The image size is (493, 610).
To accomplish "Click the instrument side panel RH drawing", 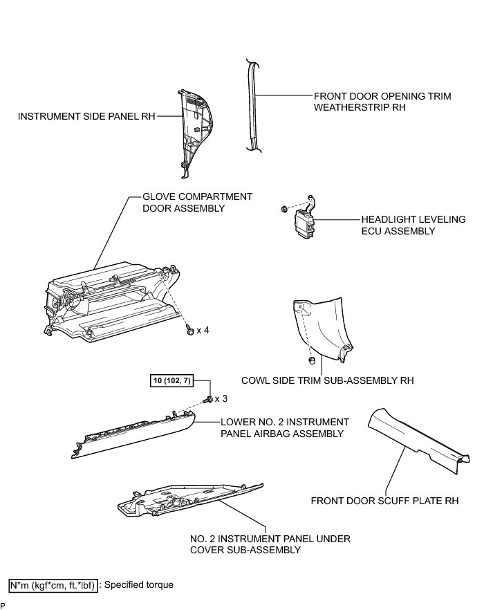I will (194, 128).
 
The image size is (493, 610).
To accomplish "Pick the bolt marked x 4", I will (189, 331).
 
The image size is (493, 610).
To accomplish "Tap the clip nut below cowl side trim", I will (311, 360).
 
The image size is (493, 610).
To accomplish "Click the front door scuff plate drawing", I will (418, 439).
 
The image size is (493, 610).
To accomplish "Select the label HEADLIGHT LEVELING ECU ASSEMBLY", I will (413, 225).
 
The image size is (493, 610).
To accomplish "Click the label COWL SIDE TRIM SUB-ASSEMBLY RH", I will (327, 380).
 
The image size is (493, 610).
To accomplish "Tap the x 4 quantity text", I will (203, 330).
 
